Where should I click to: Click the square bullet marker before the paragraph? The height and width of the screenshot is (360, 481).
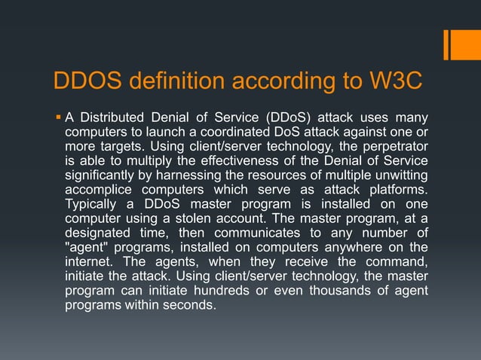click(x=58, y=117)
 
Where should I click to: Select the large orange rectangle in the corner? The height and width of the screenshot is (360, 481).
click(x=465, y=44)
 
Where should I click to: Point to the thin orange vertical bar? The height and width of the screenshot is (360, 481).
click(x=446, y=44)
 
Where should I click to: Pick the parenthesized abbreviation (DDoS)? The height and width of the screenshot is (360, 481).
click(x=285, y=118)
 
